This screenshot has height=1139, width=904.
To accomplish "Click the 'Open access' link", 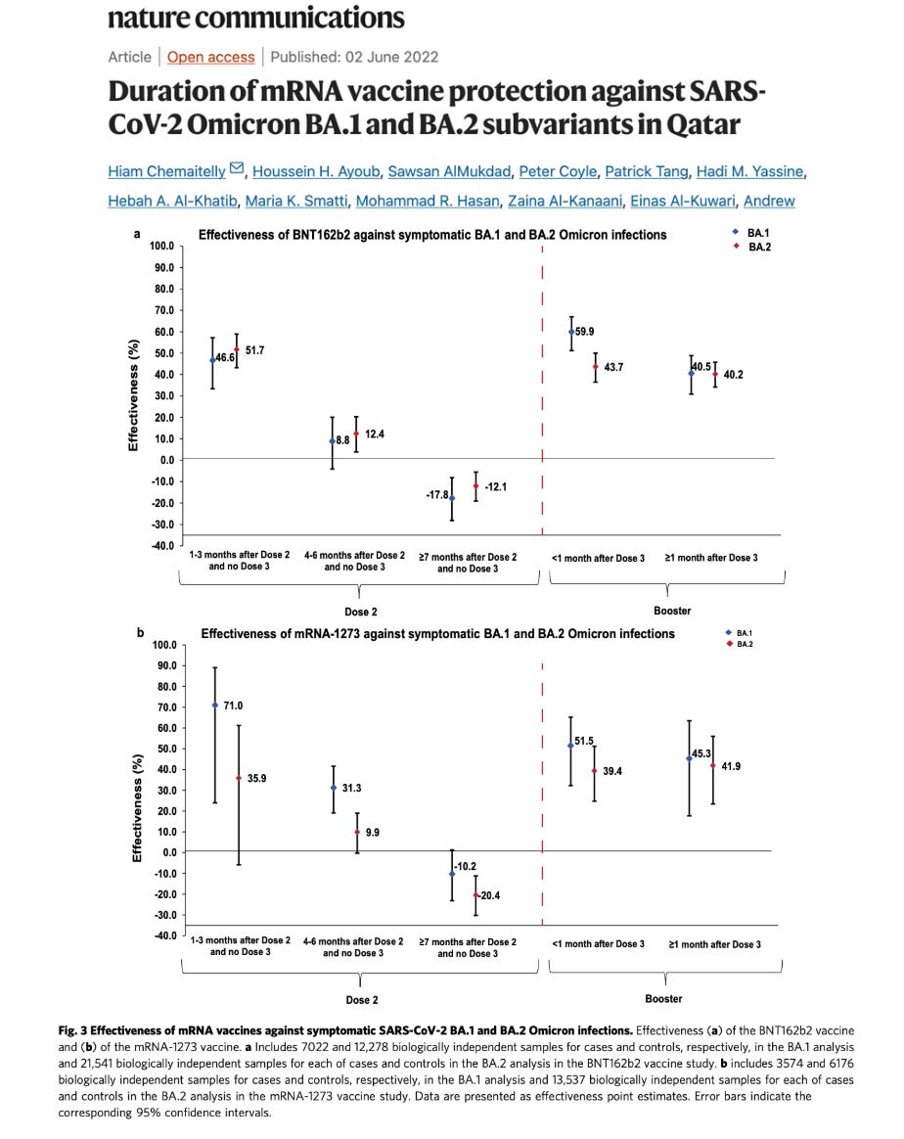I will [x=210, y=57].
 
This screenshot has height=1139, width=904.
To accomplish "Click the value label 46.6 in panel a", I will [x=225, y=359].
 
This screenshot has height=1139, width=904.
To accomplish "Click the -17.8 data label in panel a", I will [x=437, y=495].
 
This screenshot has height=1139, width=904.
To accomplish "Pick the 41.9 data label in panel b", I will [x=730, y=766].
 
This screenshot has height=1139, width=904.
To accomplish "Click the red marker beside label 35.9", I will [x=238, y=778].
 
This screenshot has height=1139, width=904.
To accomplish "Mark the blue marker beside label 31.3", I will [x=334, y=788].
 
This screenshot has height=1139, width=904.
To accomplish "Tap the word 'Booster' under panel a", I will [x=671, y=611].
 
